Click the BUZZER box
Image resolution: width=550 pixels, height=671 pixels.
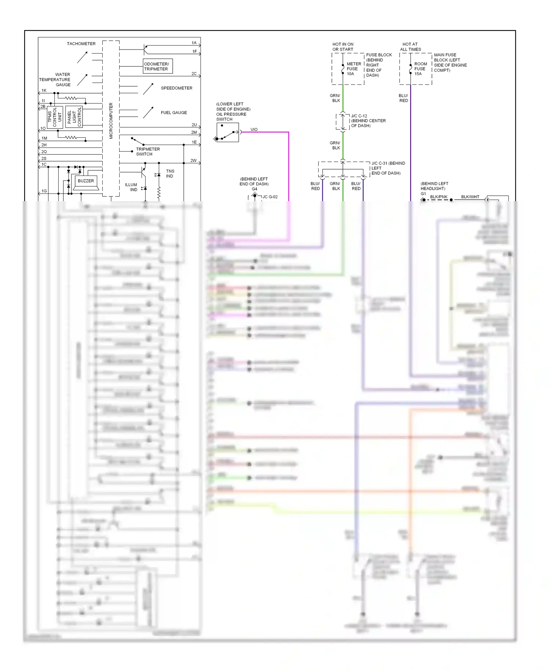[86, 181]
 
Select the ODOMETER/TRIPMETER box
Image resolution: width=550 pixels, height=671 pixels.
[157, 66]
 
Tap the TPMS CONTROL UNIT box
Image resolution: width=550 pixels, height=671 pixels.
[55, 117]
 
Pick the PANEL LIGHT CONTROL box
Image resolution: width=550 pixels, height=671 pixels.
[74, 117]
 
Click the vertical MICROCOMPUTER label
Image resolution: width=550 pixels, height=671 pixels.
[111, 121]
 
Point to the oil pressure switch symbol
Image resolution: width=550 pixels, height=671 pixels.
[228, 133]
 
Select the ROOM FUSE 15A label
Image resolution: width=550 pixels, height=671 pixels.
[420, 69]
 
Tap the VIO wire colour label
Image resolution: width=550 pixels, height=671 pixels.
[254, 130]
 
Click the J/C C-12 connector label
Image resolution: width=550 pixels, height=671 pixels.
[359, 116]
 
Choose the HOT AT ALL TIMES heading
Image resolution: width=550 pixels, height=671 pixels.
[410, 47]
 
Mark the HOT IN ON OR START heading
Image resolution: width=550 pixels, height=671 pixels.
[343, 47]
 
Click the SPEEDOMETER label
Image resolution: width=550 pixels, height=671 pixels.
[176, 88]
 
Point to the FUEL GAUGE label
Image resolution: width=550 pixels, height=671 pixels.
[174, 113]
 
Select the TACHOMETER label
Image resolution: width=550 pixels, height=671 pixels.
[81, 44]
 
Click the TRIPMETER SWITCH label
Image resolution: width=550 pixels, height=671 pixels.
[148, 152]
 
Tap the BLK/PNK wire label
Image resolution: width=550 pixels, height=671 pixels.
[439, 197]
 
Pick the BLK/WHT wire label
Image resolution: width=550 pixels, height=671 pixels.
[470, 197]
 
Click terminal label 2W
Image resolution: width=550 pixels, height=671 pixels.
[193, 161]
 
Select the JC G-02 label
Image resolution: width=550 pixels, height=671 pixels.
[270, 197]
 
